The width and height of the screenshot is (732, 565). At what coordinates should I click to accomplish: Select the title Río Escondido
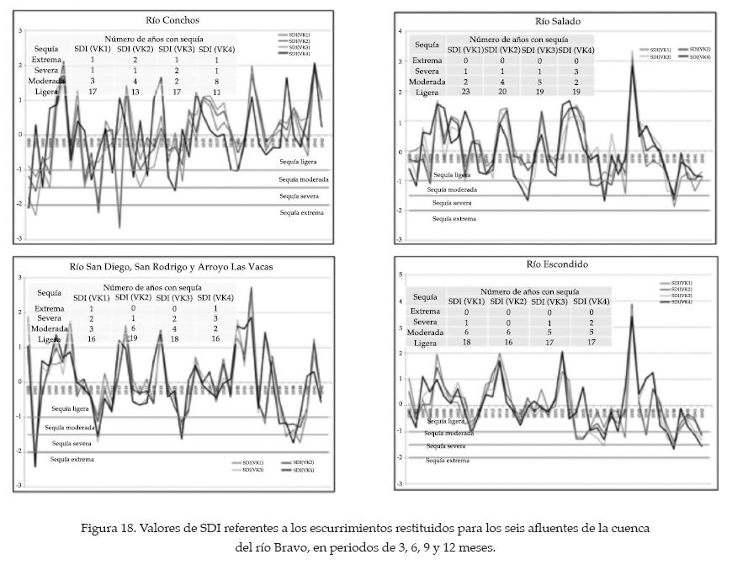[555, 264]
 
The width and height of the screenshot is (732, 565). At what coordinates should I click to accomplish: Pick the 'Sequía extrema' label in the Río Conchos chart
[302, 213]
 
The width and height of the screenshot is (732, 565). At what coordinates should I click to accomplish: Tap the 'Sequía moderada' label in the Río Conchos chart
[304, 179]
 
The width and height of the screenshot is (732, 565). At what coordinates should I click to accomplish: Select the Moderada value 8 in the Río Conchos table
[218, 83]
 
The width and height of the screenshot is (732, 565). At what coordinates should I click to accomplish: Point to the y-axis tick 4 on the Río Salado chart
[402, 31]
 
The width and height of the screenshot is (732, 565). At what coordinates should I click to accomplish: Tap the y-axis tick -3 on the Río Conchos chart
[20, 238]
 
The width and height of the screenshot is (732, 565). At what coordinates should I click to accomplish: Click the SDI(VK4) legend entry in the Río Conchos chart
[299, 54]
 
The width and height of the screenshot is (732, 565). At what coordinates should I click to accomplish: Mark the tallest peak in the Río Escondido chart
[632, 306]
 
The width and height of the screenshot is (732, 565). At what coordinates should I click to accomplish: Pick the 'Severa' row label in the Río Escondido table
[425, 322]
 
